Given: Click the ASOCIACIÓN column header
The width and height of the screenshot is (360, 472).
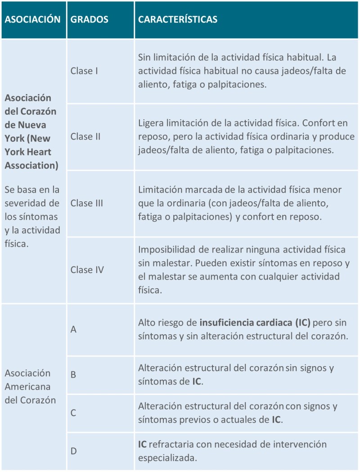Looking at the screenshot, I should (32, 19).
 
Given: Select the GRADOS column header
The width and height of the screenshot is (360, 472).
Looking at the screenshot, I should (90, 19).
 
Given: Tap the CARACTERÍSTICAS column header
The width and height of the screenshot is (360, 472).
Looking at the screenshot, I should (178, 19).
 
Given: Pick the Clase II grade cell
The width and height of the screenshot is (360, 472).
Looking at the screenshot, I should (85, 137).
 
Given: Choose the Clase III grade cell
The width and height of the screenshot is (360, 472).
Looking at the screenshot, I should (87, 203).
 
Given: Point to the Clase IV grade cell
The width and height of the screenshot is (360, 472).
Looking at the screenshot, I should (87, 270).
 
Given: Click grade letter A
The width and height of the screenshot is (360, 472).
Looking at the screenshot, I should (73, 330).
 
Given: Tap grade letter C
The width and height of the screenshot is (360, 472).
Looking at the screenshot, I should (73, 413).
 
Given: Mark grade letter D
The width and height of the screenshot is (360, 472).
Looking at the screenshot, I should (73, 451).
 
